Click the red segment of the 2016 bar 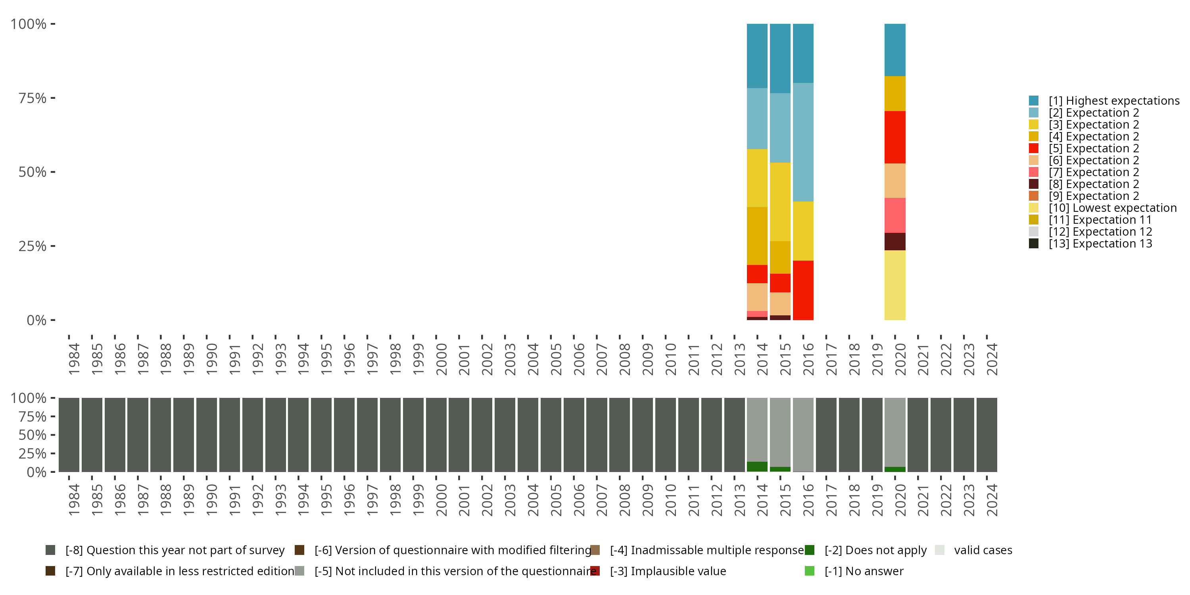pyautogui.click(x=803, y=290)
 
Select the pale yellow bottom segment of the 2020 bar pyautogui.click(x=895, y=285)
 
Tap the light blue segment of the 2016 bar pyautogui.click(x=803, y=142)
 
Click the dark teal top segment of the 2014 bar pyautogui.click(x=757, y=56)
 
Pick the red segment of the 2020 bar pyautogui.click(x=895, y=137)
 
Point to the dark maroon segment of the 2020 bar pyautogui.click(x=895, y=242)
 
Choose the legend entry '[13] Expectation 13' pyautogui.click(x=1100, y=244)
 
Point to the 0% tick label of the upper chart pyautogui.click(x=36, y=320)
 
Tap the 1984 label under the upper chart pyautogui.click(x=74, y=359)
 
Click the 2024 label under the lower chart pyautogui.click(x=992, y=500)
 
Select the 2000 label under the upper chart pyautogui.click(x=441, y=359)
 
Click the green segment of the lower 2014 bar pyautogui.click(x=757, y=466)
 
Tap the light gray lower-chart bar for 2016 pyautogui.click(x=803, y=434)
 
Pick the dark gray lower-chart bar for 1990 pyautogui.click(x=207, y=435)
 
